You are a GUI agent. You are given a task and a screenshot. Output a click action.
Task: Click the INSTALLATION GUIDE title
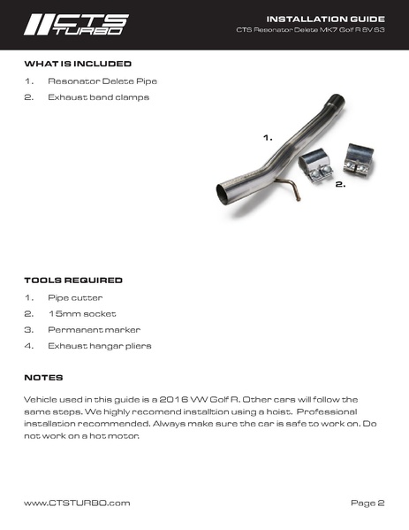pyautogui.click(x=338, y=18)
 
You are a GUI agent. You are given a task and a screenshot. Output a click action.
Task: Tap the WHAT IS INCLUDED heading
pyautogui.click(x=78, y=65)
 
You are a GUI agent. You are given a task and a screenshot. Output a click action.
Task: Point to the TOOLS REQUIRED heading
pyautogui.click(x=73, y=280)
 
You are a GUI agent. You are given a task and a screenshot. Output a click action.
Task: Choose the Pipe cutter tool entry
pyautogui.click(x=76, y=297)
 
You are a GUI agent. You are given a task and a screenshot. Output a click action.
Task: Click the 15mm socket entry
pyautogui.click(x=82, y=313)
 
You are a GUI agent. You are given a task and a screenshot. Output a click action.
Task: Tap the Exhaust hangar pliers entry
pyautogui.click(x=100, y=345)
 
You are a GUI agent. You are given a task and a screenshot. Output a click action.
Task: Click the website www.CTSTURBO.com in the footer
pyautogui.click(x=77, y=503)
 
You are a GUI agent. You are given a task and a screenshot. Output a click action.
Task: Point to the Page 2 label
pyautogui.click(x=367, y=503)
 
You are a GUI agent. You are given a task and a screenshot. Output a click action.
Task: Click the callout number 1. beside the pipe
pyautogui.click(x=268, y=139)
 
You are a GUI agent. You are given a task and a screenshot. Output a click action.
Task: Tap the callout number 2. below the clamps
pyautogui.click(x=339, y=186)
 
